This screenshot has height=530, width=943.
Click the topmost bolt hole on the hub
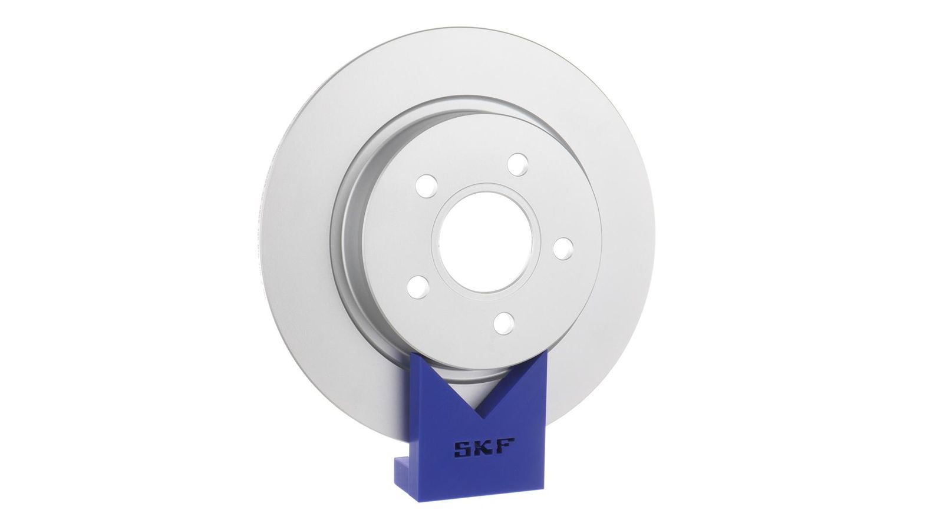tap(517, 164)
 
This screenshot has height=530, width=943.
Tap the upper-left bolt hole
tap(426, 185)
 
